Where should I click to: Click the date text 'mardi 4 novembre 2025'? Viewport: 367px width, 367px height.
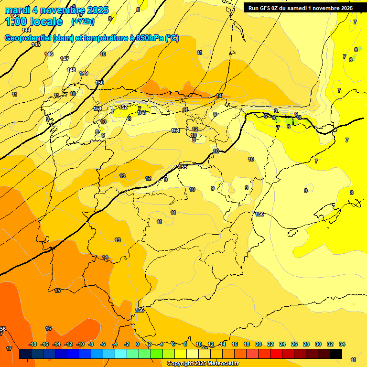tap(56, 10)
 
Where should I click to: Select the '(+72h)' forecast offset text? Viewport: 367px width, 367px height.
tap(83, 22)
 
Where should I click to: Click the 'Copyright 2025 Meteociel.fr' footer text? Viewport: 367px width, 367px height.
tap(203, 364)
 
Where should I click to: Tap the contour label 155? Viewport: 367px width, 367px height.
tap(183, 167)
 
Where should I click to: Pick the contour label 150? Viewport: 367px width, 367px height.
tap(99, 83)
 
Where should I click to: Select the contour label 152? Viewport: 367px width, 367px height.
tap(123, 108)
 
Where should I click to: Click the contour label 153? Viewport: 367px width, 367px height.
tap(141, 112)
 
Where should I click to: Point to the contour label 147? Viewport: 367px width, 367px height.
tap(65, 59)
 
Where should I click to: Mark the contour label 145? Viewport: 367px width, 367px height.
tap(36, 44)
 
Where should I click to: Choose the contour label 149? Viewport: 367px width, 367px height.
tap(84, 73)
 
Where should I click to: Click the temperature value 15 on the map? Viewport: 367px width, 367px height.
tap(57, 291)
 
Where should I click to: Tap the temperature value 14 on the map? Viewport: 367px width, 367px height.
tap(105, 258)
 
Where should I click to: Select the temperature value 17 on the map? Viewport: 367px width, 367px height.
tap(9, 348)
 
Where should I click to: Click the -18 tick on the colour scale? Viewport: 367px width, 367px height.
tap(33, 344)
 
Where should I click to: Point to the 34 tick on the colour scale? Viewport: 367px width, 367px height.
tap(342, 344)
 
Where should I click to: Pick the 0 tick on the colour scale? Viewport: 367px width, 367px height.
tap(138, 344)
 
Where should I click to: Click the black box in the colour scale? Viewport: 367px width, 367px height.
tap(336, 354)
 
